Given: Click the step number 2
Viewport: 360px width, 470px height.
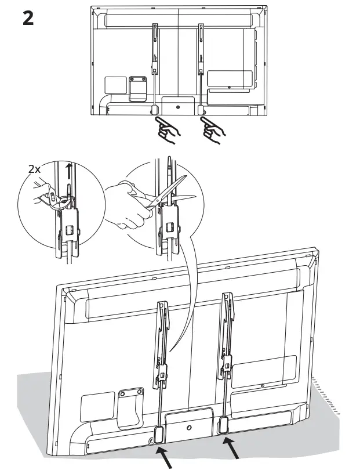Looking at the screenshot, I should point(27,18).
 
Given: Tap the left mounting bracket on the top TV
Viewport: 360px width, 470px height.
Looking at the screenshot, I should point(155,49).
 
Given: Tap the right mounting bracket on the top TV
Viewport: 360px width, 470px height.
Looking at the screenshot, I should point(201,49).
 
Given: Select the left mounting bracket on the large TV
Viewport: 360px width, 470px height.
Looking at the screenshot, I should point(162,342).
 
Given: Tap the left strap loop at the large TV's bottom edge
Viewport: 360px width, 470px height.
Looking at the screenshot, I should point(159,433).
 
